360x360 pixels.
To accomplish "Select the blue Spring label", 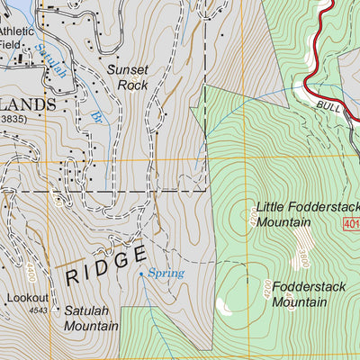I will pyautogui.click(x=166, y=273).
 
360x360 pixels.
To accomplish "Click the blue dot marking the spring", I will pyautogui.click(x=141, y=273).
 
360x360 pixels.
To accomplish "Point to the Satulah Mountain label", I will pyautogui.click(x=90, y=318).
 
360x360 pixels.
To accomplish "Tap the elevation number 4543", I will pyautogui.click(x=38, y=311).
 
